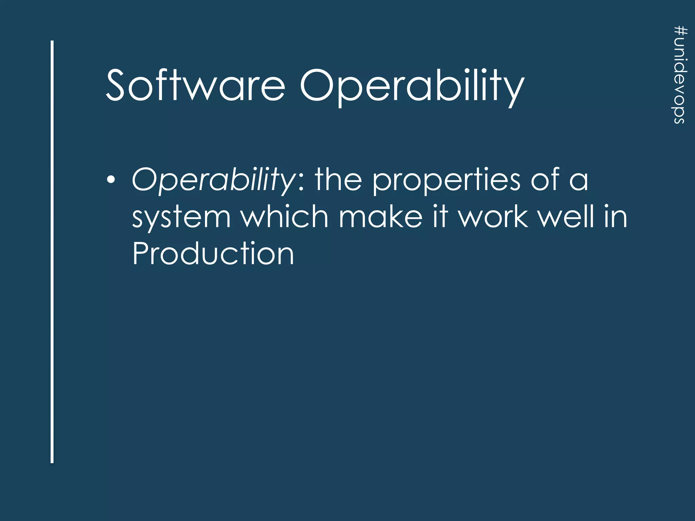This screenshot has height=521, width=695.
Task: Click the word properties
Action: coord(446,181)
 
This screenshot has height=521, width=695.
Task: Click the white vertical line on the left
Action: coord(52,251)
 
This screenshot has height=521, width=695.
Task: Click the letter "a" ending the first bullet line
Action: coord(579,182)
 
